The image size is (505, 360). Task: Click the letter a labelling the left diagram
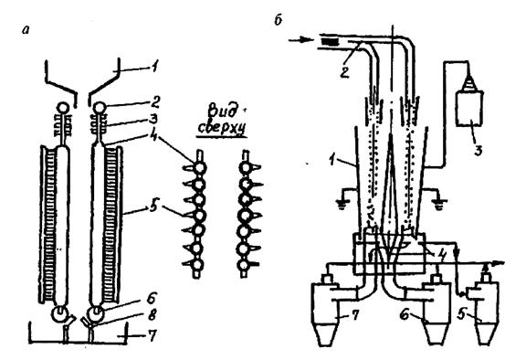click(x=26, y=30)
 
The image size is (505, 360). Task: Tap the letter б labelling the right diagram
click(x=279, y=20)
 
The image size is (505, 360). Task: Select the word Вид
click(x=222, y=111)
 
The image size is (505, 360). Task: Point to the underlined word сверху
click(x=221, y=128)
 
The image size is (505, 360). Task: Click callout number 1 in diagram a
click(x=154, y=67)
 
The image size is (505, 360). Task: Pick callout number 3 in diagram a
click(x=154, y=120)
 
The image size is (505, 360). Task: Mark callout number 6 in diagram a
click(x=153, y=298)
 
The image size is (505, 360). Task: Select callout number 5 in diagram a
click(x=153, y=206)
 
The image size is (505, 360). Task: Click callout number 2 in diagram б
click(x=344, y=72)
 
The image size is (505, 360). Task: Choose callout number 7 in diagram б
click(x=354, y=315)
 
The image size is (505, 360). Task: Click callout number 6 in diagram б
click(x=405, y=314)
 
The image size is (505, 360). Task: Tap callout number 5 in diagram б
click(x=462, y=314)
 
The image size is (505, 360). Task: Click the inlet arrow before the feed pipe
click(x=300, y=40)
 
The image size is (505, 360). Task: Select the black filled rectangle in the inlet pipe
click(x=330, y=42)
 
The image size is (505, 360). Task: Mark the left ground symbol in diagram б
click(x=342, y=204)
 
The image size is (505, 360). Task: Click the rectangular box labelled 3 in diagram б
click(x=469, y=109)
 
